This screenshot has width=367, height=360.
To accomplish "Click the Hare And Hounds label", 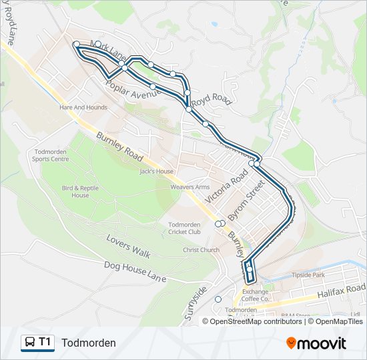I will point(83,107).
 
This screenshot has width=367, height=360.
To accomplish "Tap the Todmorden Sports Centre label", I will point(51,155).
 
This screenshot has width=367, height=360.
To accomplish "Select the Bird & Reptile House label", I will point(80,191).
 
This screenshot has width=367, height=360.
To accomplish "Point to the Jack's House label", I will point(156,171).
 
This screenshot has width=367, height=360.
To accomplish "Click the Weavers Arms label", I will point(190,187).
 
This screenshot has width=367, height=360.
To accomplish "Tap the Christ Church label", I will point(202,250).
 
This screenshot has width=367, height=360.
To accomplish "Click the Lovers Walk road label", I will point(129,245).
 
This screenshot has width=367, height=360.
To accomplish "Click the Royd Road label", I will point(210,101).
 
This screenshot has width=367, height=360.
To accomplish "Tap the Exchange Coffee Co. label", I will point(256,295).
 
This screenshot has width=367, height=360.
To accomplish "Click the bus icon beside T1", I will point(29,343).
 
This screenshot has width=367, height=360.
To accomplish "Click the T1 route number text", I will point(45,342).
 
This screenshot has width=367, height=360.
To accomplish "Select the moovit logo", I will point(316,343).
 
